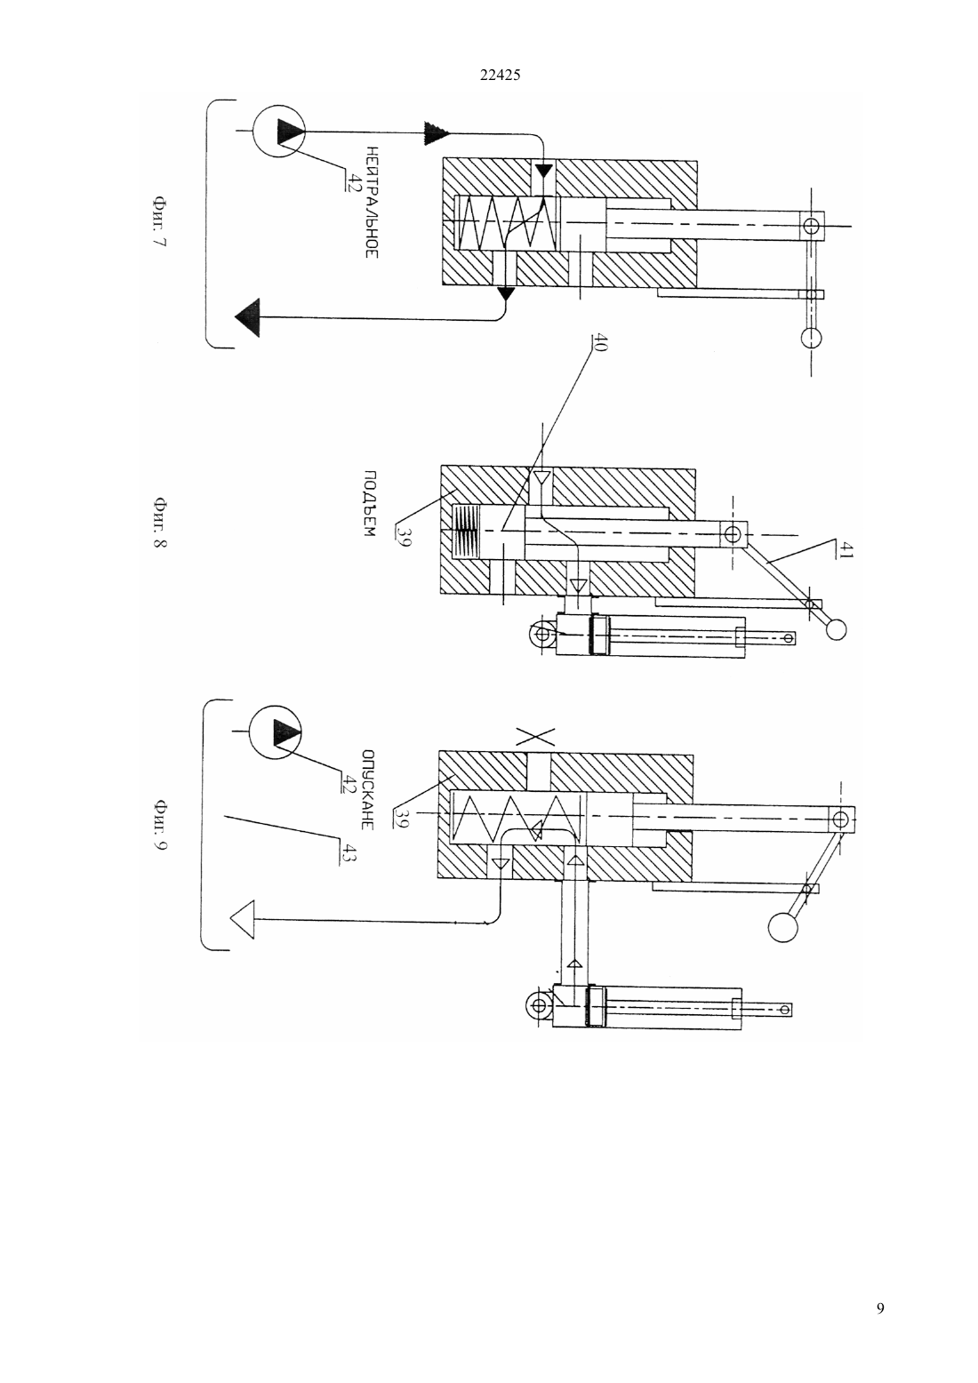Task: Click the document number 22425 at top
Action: (500, 75)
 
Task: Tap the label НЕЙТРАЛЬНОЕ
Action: (371, 202)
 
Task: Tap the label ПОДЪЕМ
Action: (369, 504)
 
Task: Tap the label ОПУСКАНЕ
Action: (367, 789)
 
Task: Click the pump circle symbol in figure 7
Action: (279, 131)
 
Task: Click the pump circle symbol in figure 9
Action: (276, 732)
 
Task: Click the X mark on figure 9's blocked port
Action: (535, 737)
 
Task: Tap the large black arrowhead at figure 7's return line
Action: (247, 318)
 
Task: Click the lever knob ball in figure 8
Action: (836, 630)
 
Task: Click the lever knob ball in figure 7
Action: (811, 338)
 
